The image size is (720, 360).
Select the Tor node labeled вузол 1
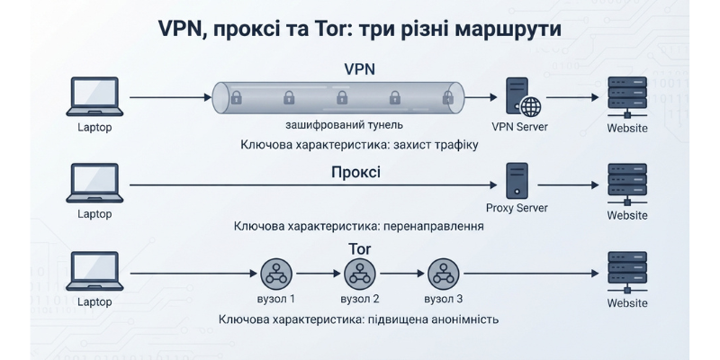click(276, 274)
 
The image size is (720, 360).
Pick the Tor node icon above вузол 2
click(359, 274)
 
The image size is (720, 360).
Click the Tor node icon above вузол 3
click(443, 274)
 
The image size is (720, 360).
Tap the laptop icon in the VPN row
click(94, 96)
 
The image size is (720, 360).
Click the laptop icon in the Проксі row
click(94, 183)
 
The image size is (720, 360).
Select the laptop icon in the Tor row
click(94, 271)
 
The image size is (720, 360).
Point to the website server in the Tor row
click(627, 273)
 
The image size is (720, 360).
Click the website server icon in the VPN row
click(627, 98)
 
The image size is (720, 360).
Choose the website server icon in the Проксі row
click(627, 184)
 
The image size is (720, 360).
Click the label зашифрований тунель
click(345, 125)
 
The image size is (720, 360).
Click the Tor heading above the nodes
click(359, 249)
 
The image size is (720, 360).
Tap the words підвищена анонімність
click(433, 319)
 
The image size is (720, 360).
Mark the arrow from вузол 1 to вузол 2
click(318, 274)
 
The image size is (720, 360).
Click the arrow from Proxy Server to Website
click(568, 185)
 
